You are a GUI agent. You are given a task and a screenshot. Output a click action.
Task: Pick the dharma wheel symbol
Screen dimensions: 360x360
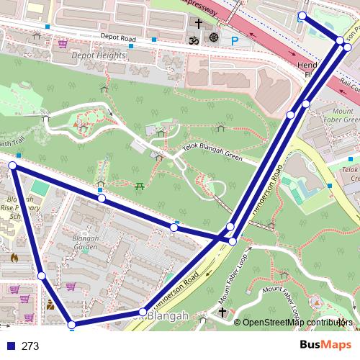coord(214,37)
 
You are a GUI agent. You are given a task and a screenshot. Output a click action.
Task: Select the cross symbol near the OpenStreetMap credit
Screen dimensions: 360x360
coord(223,312)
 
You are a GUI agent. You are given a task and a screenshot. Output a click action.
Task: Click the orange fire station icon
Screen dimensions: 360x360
coord(14,257)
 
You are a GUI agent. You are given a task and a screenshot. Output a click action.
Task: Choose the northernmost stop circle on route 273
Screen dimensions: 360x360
coord(302,16)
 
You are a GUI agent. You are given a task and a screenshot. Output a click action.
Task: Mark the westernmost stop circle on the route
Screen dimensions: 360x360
coord(12,166)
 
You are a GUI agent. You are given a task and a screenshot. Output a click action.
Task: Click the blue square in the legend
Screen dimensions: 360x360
coord(10,346)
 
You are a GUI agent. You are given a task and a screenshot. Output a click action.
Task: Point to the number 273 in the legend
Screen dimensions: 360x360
coord(30,346)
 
